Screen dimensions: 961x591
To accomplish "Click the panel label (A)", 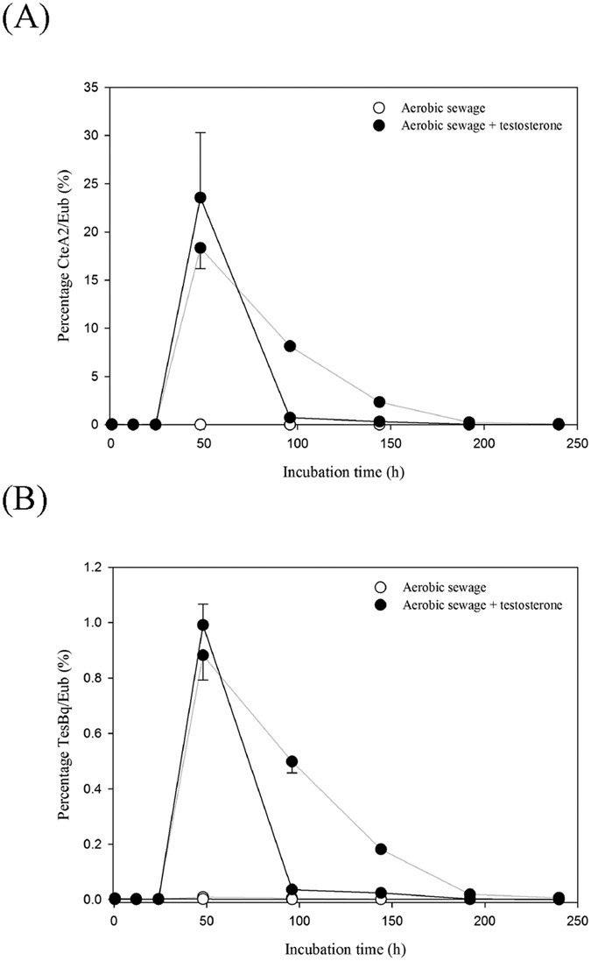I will click(x=19, y=17).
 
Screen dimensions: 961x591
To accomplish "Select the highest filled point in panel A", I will click(x=201, y=197).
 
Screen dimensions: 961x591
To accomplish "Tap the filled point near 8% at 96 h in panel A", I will click(x=290, y=346).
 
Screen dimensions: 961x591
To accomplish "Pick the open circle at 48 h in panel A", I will click(x=201, y=424).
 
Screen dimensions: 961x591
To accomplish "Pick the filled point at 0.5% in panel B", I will click(x=292, y=761).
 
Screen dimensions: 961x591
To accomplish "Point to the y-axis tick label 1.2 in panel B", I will click(x=89, y=568).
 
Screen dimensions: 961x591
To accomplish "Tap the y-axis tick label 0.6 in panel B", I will click(x=89, y=734).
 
